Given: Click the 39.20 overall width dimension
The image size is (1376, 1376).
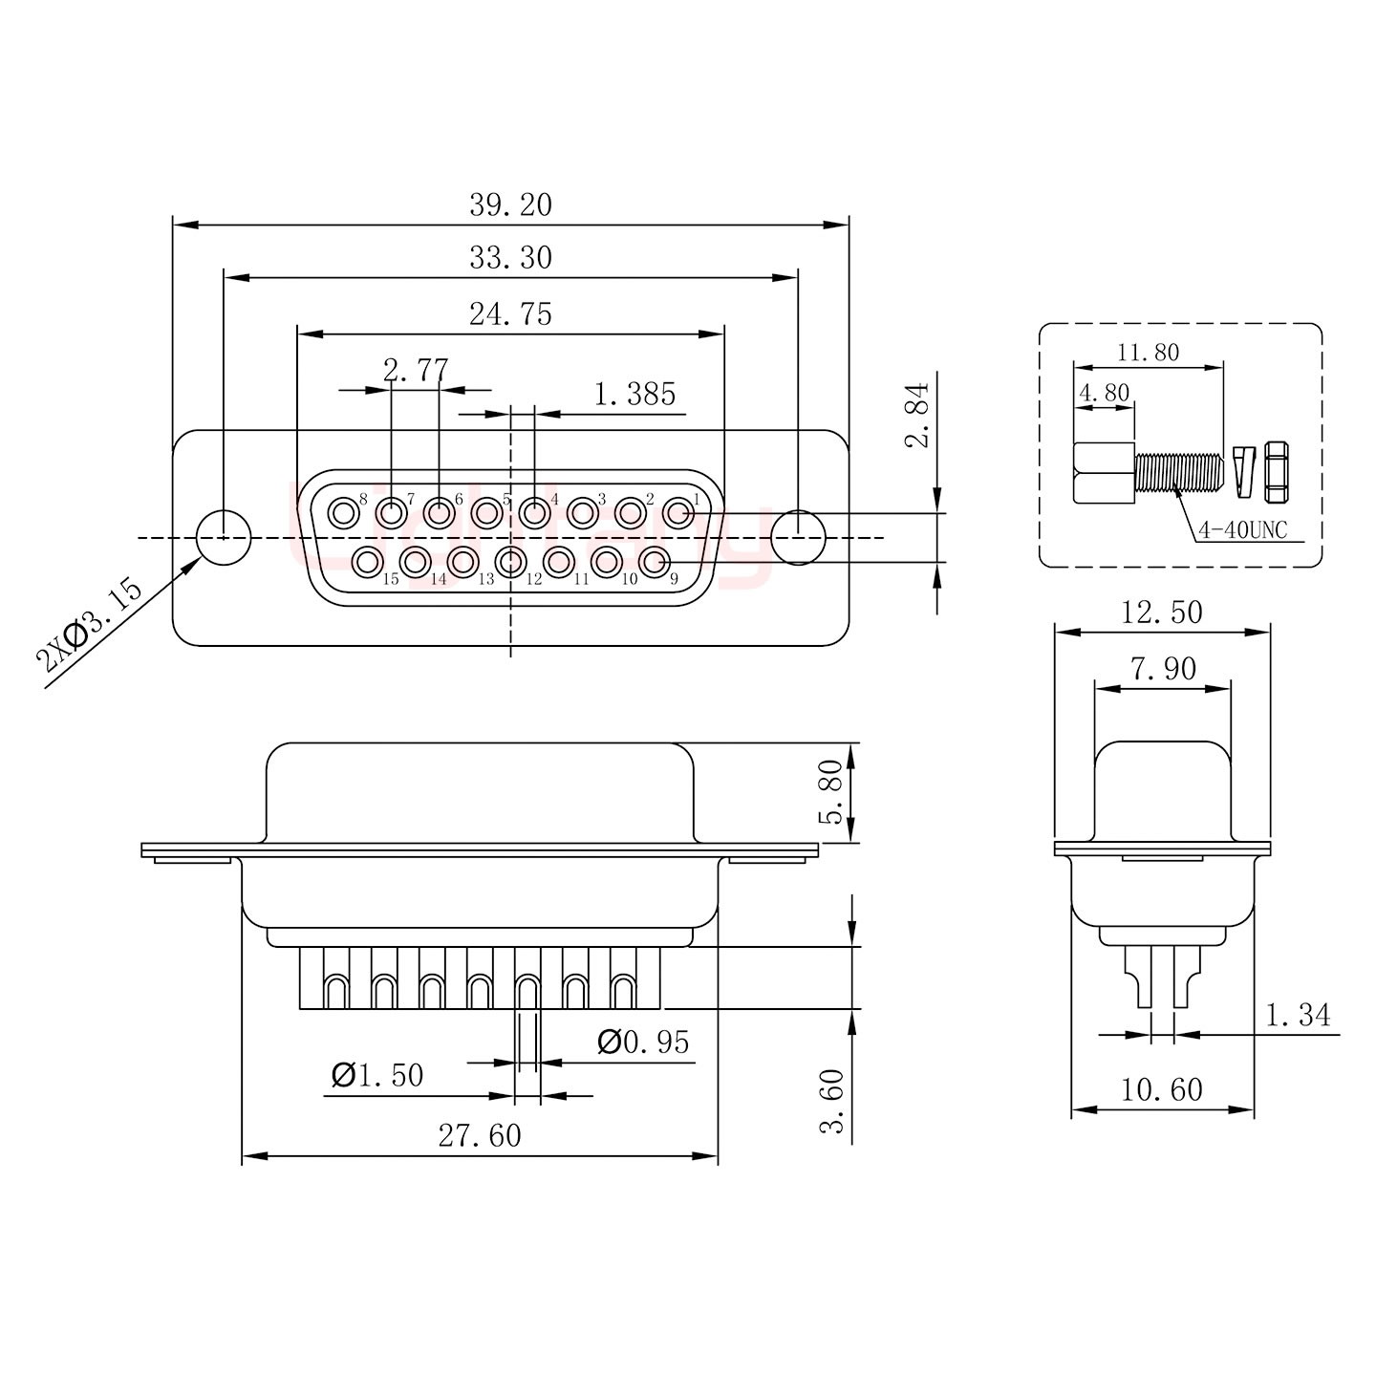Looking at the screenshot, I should (510, 205).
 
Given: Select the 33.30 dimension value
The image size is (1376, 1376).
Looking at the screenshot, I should (510, 258).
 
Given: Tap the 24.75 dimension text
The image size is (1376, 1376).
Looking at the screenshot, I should (510, 313).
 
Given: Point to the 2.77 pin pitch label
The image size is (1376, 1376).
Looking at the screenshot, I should (415, 370).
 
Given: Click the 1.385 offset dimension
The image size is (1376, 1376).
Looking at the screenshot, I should (634, 394).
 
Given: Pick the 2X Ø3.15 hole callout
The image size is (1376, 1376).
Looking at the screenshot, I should (88, 625).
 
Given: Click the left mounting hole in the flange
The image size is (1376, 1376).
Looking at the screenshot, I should (223, 537).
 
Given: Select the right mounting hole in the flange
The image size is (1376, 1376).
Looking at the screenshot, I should (798, 537).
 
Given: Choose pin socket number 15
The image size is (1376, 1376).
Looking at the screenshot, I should (366, 562).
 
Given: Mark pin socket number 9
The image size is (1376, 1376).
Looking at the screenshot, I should (654, 562).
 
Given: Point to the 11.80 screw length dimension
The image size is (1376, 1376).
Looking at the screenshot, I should (1148, 353).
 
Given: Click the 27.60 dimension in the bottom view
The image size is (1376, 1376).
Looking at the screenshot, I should (480, 1136).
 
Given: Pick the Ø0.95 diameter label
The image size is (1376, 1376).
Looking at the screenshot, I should (642, 1043).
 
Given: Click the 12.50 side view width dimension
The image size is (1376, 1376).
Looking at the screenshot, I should (1161, 612).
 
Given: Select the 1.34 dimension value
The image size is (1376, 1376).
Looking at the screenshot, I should (1298, 1015).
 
